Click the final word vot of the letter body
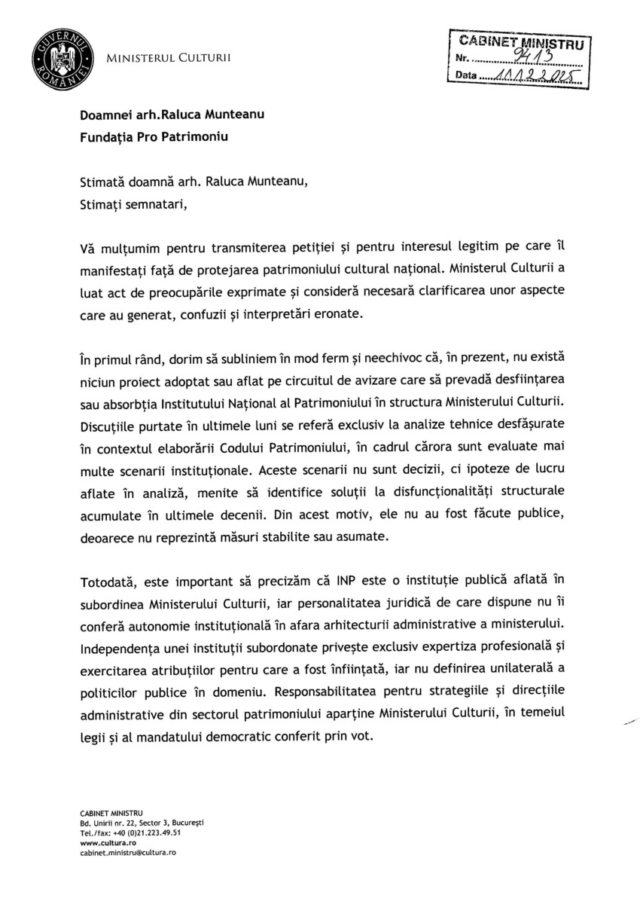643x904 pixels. [x=361, y=737]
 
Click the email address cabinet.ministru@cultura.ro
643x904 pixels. [x=126, y=852]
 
